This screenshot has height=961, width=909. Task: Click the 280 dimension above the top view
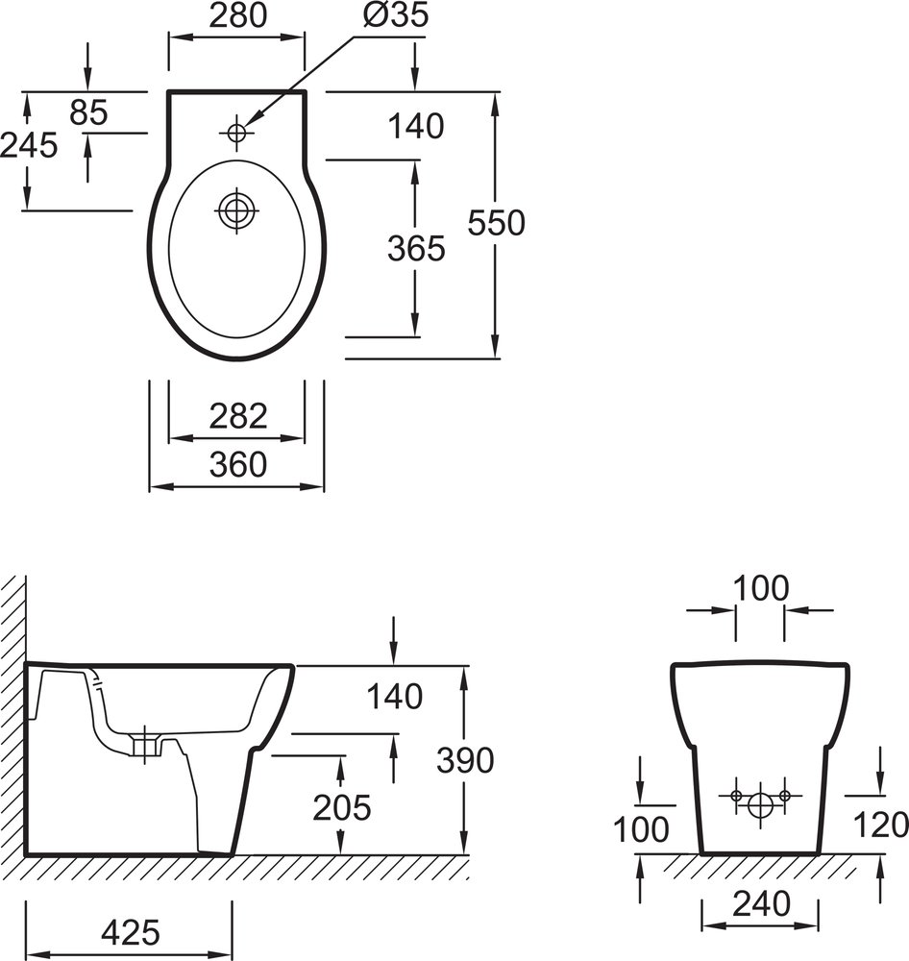237,15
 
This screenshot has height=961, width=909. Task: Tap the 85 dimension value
88,112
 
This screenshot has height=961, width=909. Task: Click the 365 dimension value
416,248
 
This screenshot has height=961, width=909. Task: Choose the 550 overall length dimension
496,223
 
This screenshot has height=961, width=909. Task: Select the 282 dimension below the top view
237,416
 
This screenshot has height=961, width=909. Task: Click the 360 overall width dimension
237,464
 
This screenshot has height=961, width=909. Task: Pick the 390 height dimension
465,760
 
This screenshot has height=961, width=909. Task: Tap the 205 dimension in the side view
341,807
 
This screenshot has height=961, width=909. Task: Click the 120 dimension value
880,825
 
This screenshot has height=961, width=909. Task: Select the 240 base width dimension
760,902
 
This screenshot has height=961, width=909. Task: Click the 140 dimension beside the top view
416,125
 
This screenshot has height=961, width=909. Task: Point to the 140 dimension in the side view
394,696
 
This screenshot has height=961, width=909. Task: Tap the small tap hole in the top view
234,132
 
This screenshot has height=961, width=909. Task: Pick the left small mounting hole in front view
736,796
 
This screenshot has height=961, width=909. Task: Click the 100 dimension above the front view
760,587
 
